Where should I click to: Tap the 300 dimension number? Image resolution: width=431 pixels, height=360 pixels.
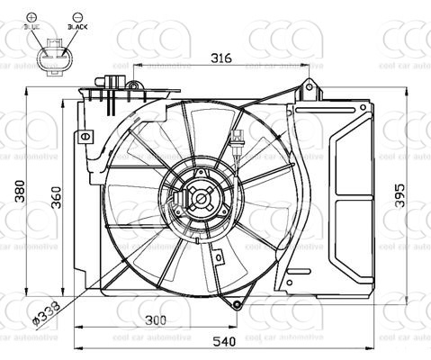(x=157, y=321)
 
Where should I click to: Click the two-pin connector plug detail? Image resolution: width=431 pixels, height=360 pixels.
(x=55, y=54)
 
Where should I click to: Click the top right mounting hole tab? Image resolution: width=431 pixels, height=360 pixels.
(x=309, y=86)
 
